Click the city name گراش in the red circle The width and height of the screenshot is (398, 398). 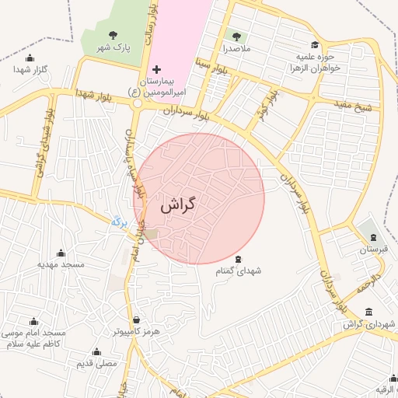tap(178, 206)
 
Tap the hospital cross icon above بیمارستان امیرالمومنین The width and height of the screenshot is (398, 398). tap(156, 70)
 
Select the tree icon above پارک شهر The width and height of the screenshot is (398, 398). tap(113, 35)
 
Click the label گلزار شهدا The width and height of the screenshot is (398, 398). tap(30, 69)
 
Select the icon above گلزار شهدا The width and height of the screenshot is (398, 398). tap(30, 58)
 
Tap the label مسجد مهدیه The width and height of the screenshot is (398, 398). tap(61, 265)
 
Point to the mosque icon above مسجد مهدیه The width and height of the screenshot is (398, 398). tap(61, 253)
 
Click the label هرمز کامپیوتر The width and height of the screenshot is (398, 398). tap(136, 331)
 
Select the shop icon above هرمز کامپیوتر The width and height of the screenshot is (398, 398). tap(137, 319)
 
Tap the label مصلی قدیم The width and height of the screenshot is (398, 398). tap(96, 363)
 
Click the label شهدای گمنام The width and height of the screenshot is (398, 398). tap(238, 270)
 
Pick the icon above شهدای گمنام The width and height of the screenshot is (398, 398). tap(238, 258)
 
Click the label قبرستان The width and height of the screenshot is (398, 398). tap(372, 250)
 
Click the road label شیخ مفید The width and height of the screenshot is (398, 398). tap(354, 104)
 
